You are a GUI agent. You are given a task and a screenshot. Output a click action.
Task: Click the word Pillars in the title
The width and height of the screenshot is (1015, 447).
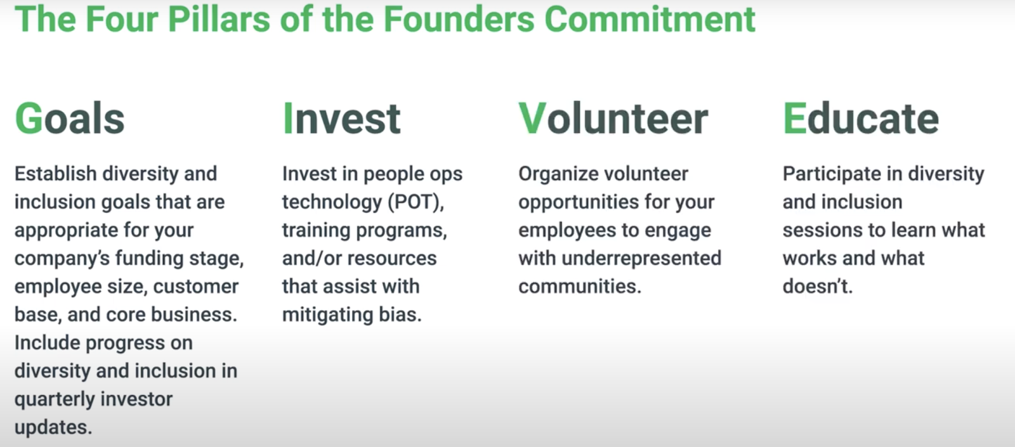point(219,20)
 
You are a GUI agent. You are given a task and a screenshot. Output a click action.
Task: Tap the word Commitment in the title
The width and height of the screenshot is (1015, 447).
point(650,20)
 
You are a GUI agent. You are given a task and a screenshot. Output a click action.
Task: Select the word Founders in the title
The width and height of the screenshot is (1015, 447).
point(459,20)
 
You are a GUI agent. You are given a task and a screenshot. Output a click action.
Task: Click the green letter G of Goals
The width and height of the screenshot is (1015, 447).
point(29,119)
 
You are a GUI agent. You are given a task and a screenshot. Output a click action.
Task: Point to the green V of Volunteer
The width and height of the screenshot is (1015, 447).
point(532,119)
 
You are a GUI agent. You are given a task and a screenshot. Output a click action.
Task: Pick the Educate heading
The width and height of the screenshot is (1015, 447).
point(861,119)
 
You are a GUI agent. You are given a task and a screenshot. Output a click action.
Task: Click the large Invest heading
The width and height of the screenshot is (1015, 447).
point(342,119)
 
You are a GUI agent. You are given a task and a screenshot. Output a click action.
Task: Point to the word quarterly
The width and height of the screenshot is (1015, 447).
point(55,399)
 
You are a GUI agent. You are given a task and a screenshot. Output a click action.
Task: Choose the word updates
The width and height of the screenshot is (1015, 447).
point(53,427)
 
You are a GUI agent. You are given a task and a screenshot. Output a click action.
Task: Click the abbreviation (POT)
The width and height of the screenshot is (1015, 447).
point(416,202)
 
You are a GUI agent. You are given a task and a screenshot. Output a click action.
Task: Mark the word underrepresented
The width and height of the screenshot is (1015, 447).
point(641,259)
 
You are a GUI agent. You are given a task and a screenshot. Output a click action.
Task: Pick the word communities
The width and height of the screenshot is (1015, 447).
point(580,287)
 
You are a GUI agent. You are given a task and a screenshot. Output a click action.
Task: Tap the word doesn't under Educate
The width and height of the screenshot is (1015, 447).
point(818,287)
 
